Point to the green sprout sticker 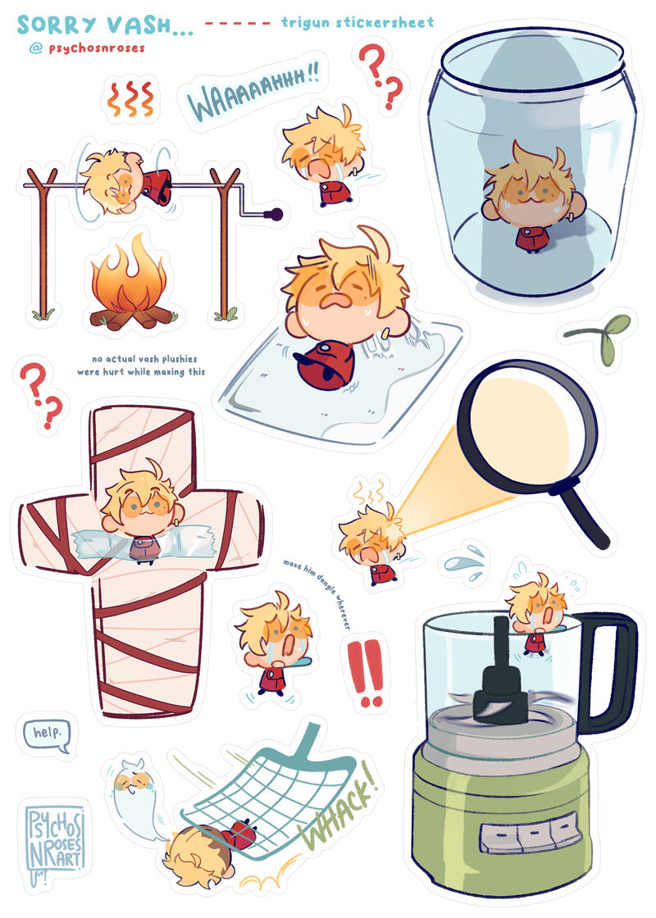[600, 338]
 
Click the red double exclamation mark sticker [366, 672]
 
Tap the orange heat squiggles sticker [130, 98]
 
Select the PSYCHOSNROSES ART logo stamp [55, 840]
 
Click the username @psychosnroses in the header [87, 48]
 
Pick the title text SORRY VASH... [105, 25]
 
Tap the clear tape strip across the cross [140, 544]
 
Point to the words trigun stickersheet [358, 23]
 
